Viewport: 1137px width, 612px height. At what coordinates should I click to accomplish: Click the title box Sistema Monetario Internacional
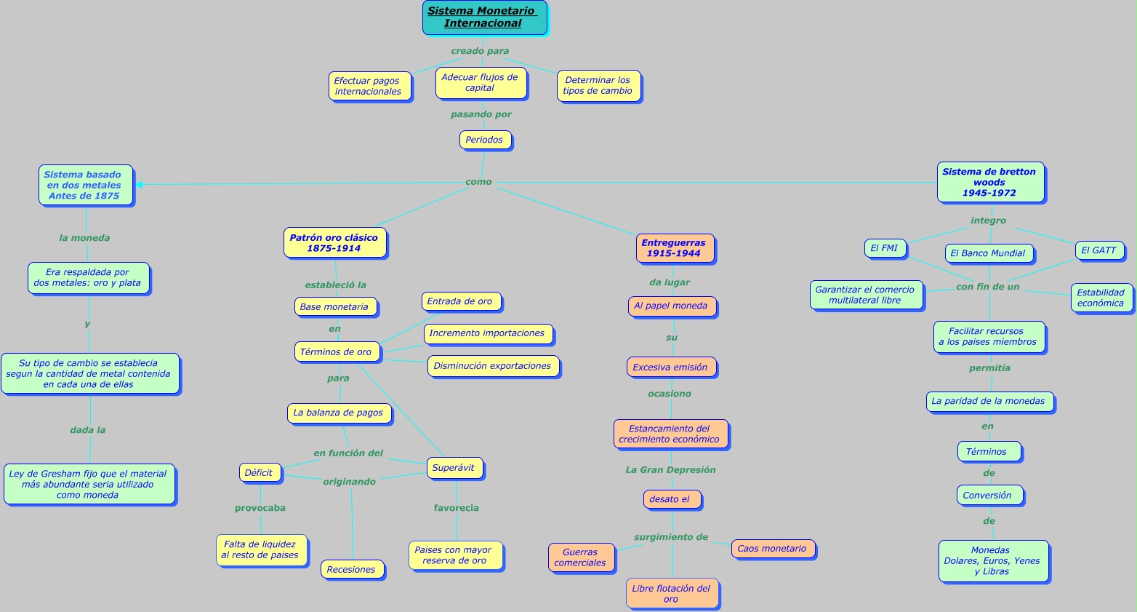(x=484, y=17)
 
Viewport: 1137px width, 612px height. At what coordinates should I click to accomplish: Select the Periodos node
(x=485, y=140)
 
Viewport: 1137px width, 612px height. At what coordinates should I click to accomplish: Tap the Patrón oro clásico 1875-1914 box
(x=334, y=243)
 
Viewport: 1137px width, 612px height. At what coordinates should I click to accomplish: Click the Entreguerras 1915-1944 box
(x=675, y=248)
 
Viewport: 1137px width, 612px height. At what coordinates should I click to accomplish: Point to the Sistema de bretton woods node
(x=990, y=182)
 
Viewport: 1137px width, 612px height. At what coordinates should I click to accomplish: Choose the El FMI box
(x=885, y=248)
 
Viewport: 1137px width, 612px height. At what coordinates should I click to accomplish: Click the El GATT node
(x=1099, y=250)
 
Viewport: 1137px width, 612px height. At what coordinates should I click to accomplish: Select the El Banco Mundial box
(x=989, y=253)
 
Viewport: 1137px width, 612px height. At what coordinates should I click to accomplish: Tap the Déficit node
(x=260, y=473)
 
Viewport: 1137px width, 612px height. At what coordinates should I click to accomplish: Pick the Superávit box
(x=454, y=468)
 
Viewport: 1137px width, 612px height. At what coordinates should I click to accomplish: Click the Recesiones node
(x=352, y=570)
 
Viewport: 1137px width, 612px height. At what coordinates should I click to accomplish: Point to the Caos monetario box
(x=773, y=549)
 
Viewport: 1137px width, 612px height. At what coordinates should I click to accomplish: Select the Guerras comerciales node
(x=581, y=557)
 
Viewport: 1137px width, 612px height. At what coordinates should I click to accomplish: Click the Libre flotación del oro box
(x=672, y=594)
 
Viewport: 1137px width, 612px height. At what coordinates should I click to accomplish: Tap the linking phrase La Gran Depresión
(x=671, y=470)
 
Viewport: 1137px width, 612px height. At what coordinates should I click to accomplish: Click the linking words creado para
(x=480, y=51)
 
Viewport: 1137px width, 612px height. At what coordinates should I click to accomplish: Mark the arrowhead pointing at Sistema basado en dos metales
(x=139, y=185)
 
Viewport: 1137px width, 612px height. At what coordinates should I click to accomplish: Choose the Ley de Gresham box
(x=89, y=484)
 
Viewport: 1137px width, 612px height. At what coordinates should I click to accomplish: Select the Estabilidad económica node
(x=1101, y=298)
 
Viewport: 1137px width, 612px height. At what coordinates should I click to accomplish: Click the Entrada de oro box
(x=460, y=301)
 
